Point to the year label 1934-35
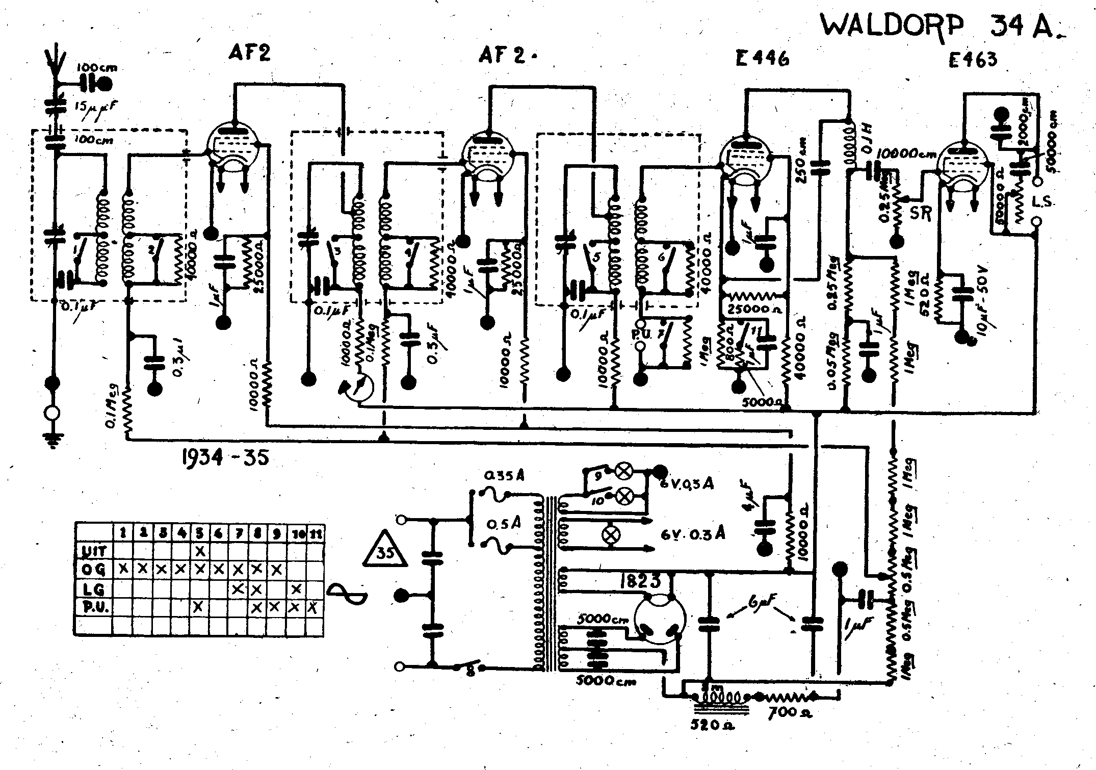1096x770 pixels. pos(225,457)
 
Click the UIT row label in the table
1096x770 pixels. pos(94,551)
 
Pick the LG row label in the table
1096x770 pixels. pos(93,589)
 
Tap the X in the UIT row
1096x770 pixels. pos(200,551)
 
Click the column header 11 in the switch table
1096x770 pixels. pos(316,533)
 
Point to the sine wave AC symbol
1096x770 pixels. pos(347,595)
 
